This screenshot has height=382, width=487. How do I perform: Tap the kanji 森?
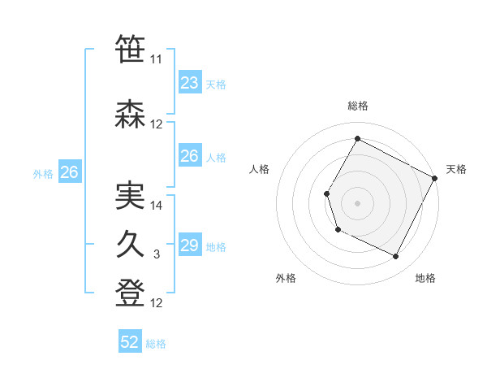click(x=131, y=115)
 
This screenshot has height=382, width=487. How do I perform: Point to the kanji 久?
click(x=131, y=244)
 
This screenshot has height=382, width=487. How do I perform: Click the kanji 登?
click(x=131, y=292)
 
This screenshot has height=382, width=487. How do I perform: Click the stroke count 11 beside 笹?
click(x=157, y=60)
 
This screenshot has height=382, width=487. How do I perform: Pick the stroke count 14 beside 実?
click(x=157, y=206)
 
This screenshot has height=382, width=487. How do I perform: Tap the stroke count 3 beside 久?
click(x=157, y=255)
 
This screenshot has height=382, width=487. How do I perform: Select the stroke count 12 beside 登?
click(x=157, y=303)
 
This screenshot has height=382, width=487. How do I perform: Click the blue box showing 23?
click(x=189, y=83)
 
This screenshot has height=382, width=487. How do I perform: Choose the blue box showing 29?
click(x=189, y=245)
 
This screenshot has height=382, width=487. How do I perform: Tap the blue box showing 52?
click(x=130, y=342)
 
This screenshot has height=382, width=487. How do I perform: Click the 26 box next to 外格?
click(x=69, y=172)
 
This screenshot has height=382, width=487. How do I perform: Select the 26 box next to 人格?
click(x=189, y=156)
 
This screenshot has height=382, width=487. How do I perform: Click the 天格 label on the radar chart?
click(x=456, y=169)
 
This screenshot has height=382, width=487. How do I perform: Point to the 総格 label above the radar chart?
click(x=357, y=106)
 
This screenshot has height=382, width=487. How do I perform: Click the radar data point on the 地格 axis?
click(x=396, y=257)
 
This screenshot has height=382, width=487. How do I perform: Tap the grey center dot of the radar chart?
click(x=357, y=202)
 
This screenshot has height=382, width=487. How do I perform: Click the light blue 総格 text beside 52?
click(x=156, y=344)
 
